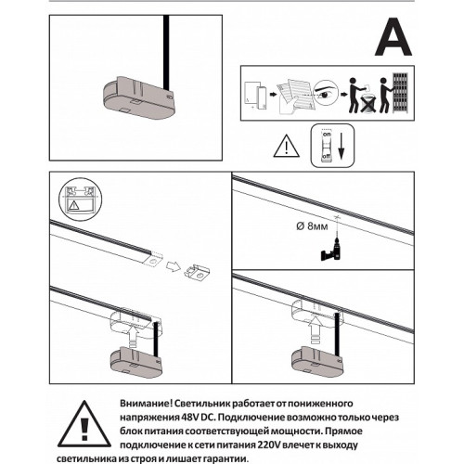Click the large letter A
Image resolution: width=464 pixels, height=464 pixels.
coord(393,37)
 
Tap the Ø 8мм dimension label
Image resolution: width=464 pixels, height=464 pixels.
coord(312,226)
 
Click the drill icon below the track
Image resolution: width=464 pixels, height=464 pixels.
coord(332,251)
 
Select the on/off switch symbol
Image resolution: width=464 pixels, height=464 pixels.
coord(327,146)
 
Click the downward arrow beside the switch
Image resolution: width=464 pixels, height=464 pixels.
coord(342,146)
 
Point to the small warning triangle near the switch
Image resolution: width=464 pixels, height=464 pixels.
coord(287,146)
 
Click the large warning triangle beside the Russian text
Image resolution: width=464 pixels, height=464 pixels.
coord(84,424)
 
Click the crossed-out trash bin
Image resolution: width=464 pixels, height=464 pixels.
coord(368,104)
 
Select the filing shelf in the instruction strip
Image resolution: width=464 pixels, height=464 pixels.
coord(401,93)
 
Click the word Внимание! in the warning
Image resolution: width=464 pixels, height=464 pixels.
coord(146,404)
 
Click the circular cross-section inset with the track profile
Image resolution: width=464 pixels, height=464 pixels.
coord(80,200)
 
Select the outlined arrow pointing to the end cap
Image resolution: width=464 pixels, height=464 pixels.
coord(174,266)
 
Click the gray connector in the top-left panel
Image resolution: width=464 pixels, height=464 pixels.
coord(139,97)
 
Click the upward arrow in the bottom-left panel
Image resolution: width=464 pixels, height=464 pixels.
coord(133,337)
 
